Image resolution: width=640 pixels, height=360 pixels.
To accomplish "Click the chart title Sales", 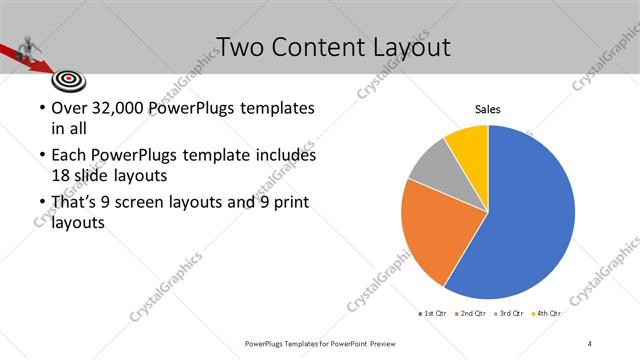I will click(x=487, y=109).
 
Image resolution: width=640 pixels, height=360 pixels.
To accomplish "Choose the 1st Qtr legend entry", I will click(x=433, y=313).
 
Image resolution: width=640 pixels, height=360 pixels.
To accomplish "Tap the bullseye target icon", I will click(x=68, y=77).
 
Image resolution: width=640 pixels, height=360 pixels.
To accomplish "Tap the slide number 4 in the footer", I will click(x=590, y=343).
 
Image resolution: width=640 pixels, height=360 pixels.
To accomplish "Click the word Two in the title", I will click(x=238, y=47).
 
